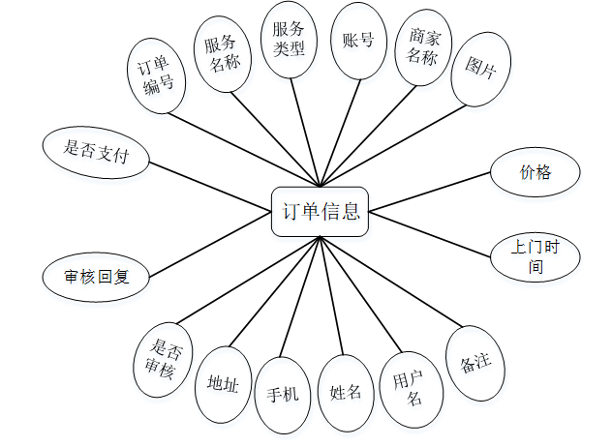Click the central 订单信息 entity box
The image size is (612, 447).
click(x=320, y=211)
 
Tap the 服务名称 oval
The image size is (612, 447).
click(x=222, y=54)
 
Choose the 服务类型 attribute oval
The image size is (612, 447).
click(x=290, y=40)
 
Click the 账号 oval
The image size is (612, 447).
click(x=357, y=40)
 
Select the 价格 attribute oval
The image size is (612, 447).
click(x=535, y=172)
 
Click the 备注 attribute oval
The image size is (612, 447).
click(x=474, y=365)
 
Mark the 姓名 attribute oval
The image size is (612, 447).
click(x=346, y=392)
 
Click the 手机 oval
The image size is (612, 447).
click(x=283, y=394)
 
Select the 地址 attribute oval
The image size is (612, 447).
click(x=223, y=383)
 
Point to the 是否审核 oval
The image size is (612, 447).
click(x=162, y=356)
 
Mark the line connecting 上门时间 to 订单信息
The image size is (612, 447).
click(x=429, y=232)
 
